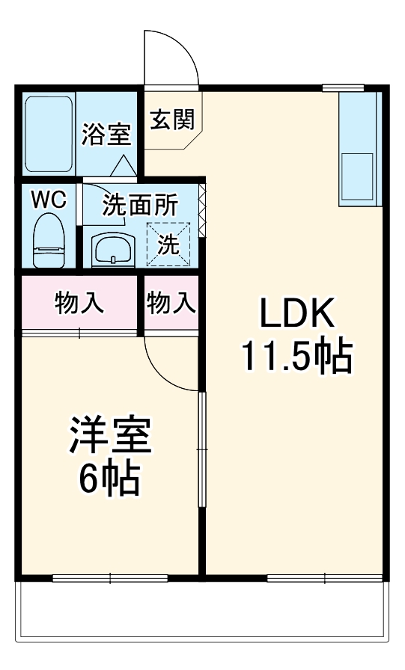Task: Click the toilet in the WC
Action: point(50,235)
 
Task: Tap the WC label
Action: point(49,200)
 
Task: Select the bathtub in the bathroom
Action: point(48,134)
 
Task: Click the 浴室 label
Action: point(106,135)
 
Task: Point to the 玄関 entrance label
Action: point(173,119)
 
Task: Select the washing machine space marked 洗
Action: point(168,244)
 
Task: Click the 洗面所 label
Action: point(140,205)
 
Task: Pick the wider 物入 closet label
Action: point(79,303)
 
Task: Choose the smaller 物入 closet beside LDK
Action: point(171,303)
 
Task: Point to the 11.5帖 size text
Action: point(296,358)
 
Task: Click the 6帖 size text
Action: point(109,482)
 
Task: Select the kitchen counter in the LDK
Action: point(357,149)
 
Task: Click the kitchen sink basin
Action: point(357,177)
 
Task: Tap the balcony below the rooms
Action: point(202,614)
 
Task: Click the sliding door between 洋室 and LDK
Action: point(200,449)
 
